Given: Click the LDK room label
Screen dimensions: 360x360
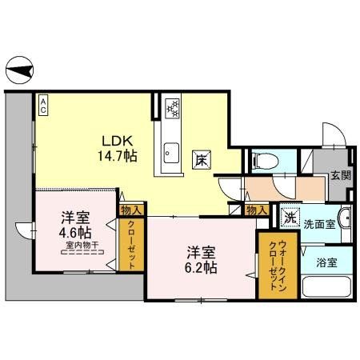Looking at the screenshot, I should [x=114, y=137].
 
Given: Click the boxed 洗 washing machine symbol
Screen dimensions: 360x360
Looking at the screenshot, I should [x=287, y=215].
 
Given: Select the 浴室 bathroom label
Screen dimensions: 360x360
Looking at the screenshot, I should [x=326, y=261].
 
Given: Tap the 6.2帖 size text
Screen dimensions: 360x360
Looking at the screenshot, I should [x=198, y=268].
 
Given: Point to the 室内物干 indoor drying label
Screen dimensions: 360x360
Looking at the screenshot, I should [x=81, y=246].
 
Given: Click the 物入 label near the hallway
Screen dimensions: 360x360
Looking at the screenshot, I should [x=257, y=210].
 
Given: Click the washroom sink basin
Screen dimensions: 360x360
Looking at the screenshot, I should [x=345, y=218].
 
